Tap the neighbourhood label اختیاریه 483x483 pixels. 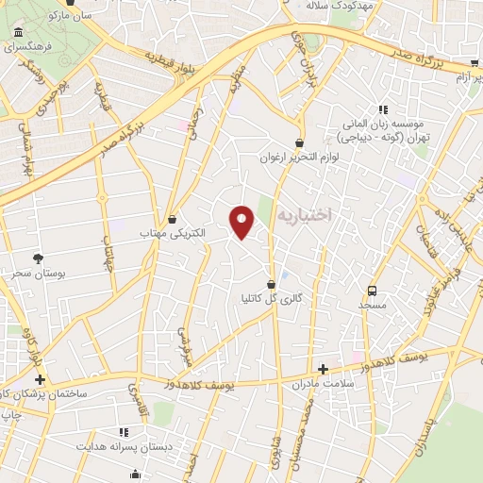[x=305, y=216]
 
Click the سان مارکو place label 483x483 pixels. [x=72, y=15]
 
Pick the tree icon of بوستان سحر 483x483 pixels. [x=38, y=258]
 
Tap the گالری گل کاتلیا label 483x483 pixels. [x=273, y=298]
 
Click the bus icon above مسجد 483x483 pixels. [x=373, y=291]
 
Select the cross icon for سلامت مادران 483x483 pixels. [x=324, y=369]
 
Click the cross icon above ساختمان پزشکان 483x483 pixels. [x=39, y=378]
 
